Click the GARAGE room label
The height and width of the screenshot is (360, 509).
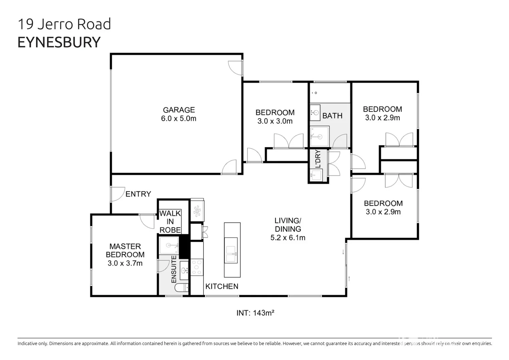[x=178, y=110]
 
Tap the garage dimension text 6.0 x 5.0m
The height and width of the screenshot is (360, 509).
[x=178, y=118]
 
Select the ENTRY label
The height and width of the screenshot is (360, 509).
[x=138, y=194]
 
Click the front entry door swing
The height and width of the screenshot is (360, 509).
[x=117, y=194]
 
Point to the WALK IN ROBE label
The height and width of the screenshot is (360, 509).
[x=170, y=222]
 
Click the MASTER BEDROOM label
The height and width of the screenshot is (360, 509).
[x=125, y=250]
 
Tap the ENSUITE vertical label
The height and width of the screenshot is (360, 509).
[x=174, y=269]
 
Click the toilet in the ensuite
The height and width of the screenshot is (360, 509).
[x=182, y=288]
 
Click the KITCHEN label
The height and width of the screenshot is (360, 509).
[x=221, y=286]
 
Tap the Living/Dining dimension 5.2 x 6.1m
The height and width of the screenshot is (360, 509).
[x=288, y=238]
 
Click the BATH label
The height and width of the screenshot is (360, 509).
[x=332, y=116]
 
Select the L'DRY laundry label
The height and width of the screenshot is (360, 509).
[x=318, y=159]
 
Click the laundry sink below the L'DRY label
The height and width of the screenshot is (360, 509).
[x=316, y=175]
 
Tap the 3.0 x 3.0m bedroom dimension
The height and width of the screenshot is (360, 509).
[x=275, y=121]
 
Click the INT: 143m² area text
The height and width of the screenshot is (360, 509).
[x=255, y=313]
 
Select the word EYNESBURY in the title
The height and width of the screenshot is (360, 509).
[x=59, y=42]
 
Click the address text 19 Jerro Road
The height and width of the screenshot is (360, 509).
[x=64, y=24]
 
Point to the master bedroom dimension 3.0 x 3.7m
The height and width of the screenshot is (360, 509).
[x=125, y=263]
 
